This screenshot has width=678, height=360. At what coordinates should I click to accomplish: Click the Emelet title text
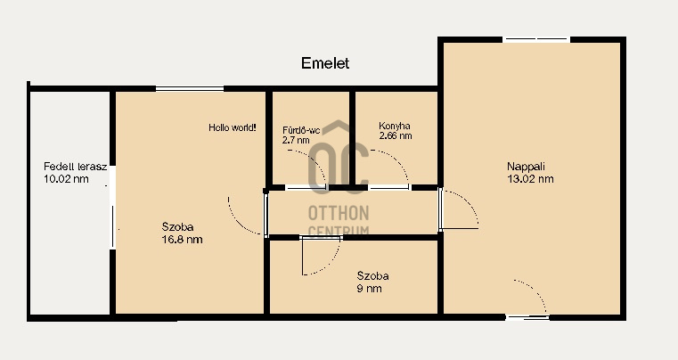(325, 63)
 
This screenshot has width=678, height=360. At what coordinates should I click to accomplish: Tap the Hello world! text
(233, 127)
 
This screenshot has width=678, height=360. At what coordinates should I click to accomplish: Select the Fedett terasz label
(75, 167)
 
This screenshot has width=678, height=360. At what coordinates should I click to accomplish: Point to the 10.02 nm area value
(66, 179)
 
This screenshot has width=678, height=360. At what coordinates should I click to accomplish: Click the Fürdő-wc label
(301, 130)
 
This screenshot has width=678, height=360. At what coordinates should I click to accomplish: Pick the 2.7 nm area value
(296, 140)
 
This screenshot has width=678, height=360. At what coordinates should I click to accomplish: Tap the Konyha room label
(395, 126)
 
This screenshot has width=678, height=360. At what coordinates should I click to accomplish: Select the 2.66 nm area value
(396, 135)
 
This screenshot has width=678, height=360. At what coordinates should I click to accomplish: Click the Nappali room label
(526, 167)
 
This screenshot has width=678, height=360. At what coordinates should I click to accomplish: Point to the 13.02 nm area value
(530, 179)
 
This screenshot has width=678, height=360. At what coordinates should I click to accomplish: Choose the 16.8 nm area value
(182, 240)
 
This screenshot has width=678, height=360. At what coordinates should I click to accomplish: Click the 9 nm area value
(369, 288)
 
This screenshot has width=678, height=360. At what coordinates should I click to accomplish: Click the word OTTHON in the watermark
(339, 213)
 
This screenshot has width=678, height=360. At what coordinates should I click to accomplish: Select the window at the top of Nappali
(536, 39)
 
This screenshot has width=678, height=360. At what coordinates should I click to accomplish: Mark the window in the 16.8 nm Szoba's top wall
(190, 89)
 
